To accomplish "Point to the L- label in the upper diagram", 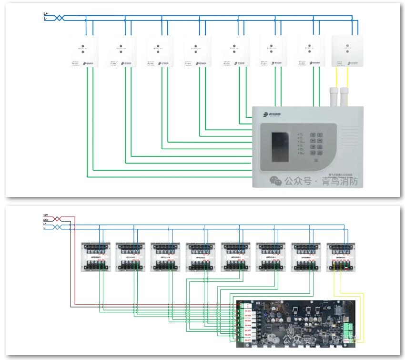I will pos(45,18).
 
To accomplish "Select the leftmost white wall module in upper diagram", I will pos(84,51).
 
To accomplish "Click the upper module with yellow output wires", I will pos(347,51).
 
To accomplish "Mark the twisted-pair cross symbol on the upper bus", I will pos(59,18).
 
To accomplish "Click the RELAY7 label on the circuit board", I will pos(248,340).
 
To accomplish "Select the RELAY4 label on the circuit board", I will pos(248,325).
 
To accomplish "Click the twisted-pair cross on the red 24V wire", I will pos(58,218).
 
